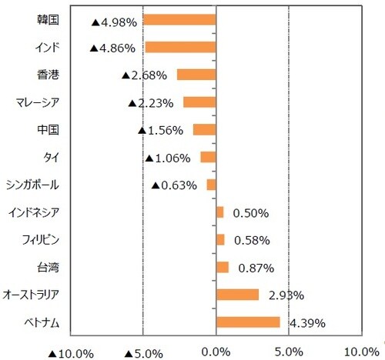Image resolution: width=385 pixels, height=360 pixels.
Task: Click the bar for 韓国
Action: point(179,20)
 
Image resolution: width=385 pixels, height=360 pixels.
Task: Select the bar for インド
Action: point(180,48)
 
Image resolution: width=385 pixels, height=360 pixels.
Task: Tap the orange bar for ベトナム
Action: point(248,322)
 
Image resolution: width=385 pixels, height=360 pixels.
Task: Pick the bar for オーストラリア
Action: point(237,295)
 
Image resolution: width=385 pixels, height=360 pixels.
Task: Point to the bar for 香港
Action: point(196,75)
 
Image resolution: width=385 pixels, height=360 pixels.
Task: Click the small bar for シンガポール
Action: point(211,185)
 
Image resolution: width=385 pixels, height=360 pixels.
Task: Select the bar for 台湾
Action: point(223,267)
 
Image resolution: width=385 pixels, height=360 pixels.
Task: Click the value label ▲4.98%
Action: point(113,22)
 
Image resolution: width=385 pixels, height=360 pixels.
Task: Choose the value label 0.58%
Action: point(250,241)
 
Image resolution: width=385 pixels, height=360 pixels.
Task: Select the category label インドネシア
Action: point(38,212)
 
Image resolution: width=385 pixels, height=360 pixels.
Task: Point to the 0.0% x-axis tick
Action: point(216,353)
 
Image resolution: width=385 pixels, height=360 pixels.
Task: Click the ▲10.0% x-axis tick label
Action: point(70,353)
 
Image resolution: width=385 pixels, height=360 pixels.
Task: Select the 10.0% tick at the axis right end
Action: point(361,352)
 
